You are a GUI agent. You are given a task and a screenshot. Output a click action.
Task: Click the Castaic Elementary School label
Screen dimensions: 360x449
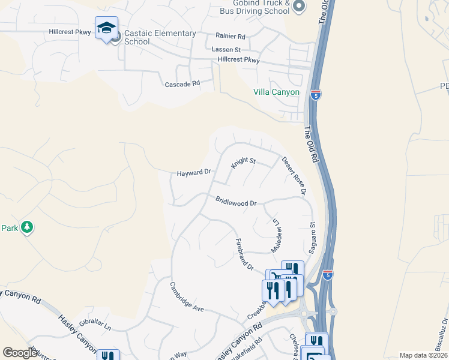(x=160, y=37)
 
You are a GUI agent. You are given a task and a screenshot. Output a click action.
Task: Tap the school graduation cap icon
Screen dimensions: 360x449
(x=106, y=29)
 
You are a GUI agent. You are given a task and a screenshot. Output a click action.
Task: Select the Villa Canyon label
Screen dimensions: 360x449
(x=276, y=92)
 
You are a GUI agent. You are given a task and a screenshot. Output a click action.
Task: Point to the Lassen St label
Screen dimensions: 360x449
(x=226, y=49)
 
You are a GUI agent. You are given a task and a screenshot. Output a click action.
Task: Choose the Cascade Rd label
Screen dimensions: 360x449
(x=182, y=85)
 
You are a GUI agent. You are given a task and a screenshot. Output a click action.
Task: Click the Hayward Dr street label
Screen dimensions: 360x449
(x=193, y=173)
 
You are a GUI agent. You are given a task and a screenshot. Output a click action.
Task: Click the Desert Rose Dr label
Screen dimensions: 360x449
(x=294, y=176)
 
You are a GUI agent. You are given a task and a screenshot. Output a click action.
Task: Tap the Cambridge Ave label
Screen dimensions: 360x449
(x=187, y=296)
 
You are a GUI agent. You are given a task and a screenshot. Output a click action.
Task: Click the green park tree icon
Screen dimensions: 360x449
(x=26, y=227)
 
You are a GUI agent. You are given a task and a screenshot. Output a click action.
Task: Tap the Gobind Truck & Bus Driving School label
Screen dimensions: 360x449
(x=262, y=7)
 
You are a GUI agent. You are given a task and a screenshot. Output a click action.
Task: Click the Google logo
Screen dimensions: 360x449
(x=20, y=353)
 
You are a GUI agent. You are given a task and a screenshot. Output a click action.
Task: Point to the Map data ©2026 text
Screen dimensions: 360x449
(x=423, y=355)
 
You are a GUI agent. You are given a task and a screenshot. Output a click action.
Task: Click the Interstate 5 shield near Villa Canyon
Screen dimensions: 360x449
(x=316, y=94)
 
